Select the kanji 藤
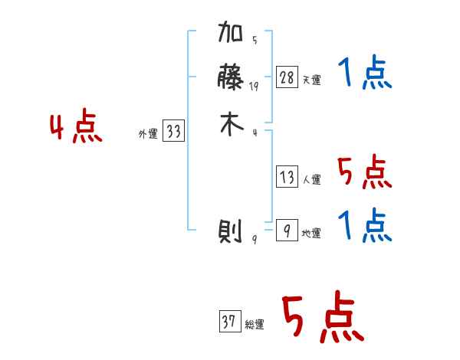(231, 80)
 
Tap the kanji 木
(231, 126)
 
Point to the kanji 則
(231, 231)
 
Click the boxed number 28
(287, 77)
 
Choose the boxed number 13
(287, 178)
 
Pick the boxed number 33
(174, 133)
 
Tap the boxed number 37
(228, 322)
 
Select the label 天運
(312, 80)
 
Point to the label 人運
(312, 180)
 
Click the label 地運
(312, 233)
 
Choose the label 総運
(255, 325)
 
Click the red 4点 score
(76, 127)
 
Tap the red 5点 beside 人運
(365, 172)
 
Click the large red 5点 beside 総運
(322, 319)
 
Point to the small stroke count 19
(255, 87)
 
